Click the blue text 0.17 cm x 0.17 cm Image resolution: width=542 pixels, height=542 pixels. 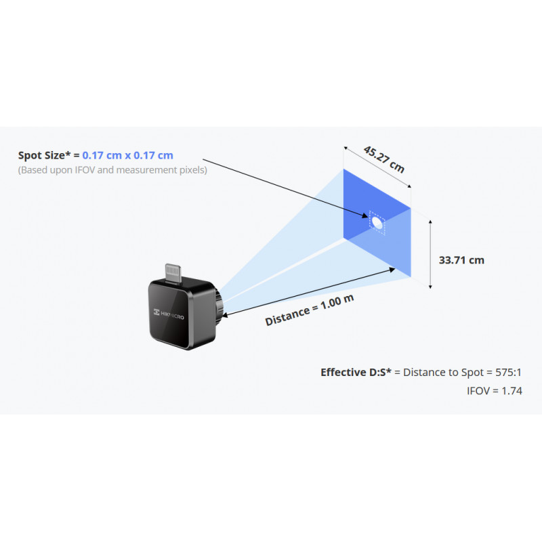pos(127,155)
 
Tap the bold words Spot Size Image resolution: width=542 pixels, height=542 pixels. pos(41,156)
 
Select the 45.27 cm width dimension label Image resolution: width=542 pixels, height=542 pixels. pos(383,159)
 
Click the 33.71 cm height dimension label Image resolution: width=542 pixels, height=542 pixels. pos(461,260)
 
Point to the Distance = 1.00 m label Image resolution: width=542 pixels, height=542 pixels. pos(310,310)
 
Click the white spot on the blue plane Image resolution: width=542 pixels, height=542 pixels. pos(377,222)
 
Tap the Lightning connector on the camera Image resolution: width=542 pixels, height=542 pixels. pos(173,274)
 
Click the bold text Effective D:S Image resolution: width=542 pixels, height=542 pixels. pos(356,372)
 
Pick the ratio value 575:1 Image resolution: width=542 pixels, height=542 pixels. pos(508,372)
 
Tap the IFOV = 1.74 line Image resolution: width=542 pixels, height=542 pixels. pos(495,391)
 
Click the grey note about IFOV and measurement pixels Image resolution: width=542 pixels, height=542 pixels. pos(112,170)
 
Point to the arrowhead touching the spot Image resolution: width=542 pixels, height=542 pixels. pos(365,215)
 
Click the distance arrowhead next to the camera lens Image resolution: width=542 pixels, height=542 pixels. pos(225,315)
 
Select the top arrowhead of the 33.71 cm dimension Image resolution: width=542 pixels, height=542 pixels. pos(430,222)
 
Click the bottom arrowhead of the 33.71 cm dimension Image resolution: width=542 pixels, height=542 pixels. pos(430,286)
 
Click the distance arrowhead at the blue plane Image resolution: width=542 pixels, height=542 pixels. pos(392,270)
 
